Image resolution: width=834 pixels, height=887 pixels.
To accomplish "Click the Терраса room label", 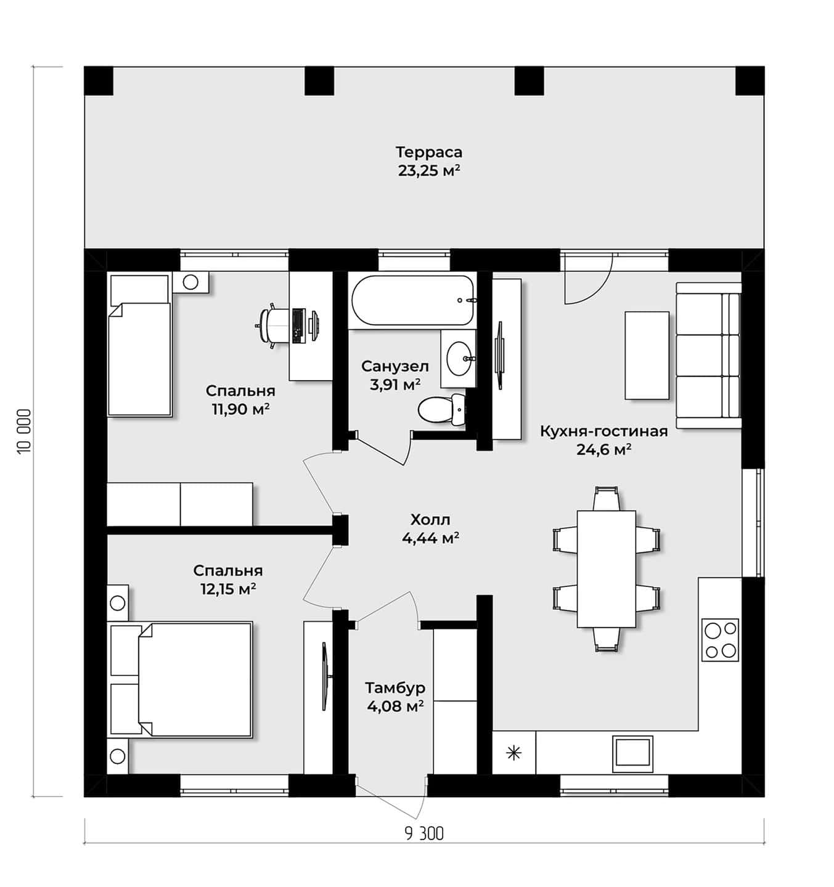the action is pos(428,152).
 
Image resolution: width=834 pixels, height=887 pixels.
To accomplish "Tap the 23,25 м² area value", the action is pos(429,171).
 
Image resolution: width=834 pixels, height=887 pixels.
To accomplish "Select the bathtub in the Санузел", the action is pos(412,300).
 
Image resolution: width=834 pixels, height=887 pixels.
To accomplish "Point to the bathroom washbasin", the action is pos(458,358).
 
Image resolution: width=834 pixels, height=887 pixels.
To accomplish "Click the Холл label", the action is pos(430,519).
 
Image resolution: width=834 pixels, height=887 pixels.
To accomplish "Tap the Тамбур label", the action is pos(395,687).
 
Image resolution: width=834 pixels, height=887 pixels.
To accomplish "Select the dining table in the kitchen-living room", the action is pos(607,569).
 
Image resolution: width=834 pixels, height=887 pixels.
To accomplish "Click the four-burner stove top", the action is pos(720,639).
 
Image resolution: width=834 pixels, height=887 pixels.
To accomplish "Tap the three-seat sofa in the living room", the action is pos(708,355).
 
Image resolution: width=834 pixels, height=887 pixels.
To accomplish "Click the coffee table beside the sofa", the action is pos(647,355).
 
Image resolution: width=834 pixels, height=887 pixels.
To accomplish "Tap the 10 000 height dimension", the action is pos(24,431).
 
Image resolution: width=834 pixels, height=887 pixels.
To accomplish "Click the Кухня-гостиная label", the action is pos(604,432).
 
